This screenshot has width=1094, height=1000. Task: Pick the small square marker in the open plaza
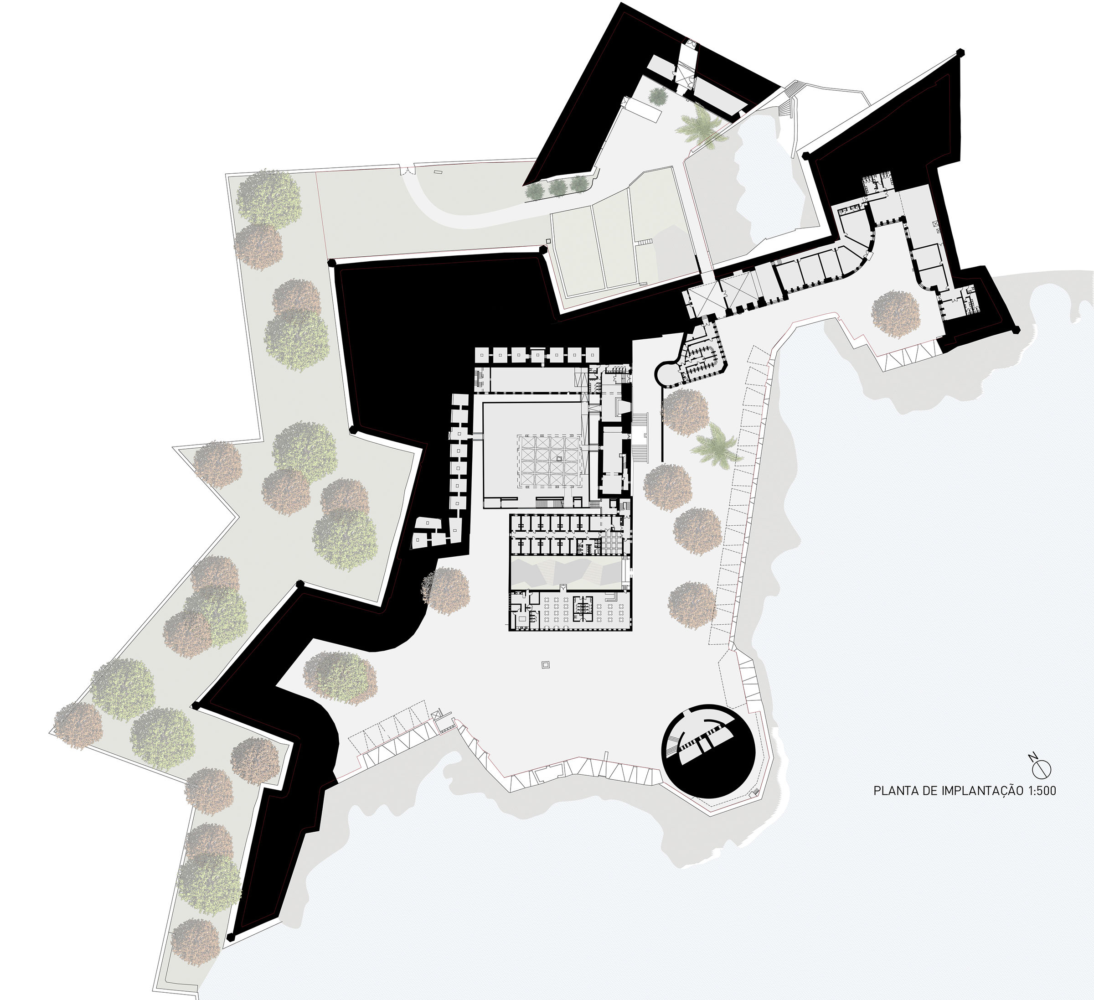click(545, 664)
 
